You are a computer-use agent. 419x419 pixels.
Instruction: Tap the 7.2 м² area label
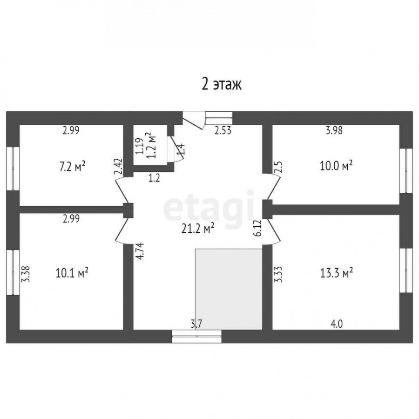pos(72,167)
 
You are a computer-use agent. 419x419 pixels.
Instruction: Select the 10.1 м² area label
pos(72,273)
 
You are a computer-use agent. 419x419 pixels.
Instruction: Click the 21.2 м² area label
pos(198,229)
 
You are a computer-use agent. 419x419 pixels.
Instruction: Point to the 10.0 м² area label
pos(336,166)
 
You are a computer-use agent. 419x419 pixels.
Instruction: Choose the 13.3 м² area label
pos(337,272)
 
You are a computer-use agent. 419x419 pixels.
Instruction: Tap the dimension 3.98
pos(334,130)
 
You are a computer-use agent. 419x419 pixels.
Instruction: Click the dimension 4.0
pos(337,324)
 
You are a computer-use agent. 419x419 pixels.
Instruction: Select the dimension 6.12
pos(258,228)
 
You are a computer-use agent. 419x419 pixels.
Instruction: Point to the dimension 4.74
pos(140,251)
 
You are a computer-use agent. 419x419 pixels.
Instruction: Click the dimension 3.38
pos(26,274)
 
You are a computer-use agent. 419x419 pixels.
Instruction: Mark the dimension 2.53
pos(223,131)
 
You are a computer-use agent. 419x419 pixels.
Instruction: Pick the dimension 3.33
pos(278,274)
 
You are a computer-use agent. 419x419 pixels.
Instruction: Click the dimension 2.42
pos(118,167)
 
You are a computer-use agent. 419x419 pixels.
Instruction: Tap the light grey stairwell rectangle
pos(229,289)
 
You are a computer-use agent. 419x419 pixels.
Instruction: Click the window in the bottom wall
pos(196,336)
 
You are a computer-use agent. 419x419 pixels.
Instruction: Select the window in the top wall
pos(219,118)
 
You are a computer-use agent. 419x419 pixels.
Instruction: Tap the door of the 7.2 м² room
pos(122,190)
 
